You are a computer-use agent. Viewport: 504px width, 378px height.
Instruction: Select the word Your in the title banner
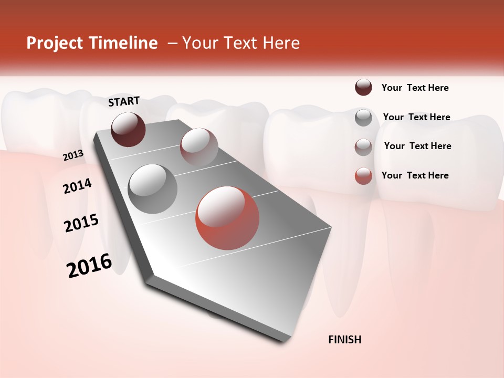[200, 43]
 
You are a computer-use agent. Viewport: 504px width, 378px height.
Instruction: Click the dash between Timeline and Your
[172, 43]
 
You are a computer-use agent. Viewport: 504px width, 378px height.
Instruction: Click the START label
[124, 101]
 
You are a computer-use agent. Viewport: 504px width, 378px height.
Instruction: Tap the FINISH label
[344, 340]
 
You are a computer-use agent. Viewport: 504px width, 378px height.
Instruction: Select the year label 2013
[73, 155]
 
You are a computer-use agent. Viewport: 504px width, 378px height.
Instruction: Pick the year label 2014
[77, 186]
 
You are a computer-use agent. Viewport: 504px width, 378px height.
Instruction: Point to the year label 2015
[81, 223]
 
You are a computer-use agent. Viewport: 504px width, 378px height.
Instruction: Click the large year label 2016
[89, 266]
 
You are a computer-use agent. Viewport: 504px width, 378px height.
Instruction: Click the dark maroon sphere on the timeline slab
[128, 129]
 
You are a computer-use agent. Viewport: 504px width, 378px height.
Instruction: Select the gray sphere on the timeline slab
[153, 189]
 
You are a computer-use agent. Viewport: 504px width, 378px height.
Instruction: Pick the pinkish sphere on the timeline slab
[199, 146]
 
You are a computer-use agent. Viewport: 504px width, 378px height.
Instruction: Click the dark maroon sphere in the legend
[363, 87]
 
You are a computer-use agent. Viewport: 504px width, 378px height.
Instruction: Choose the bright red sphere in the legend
[363, 176]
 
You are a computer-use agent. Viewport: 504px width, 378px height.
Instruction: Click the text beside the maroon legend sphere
[415, 88]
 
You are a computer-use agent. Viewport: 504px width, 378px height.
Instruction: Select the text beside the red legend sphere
[415, 175]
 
